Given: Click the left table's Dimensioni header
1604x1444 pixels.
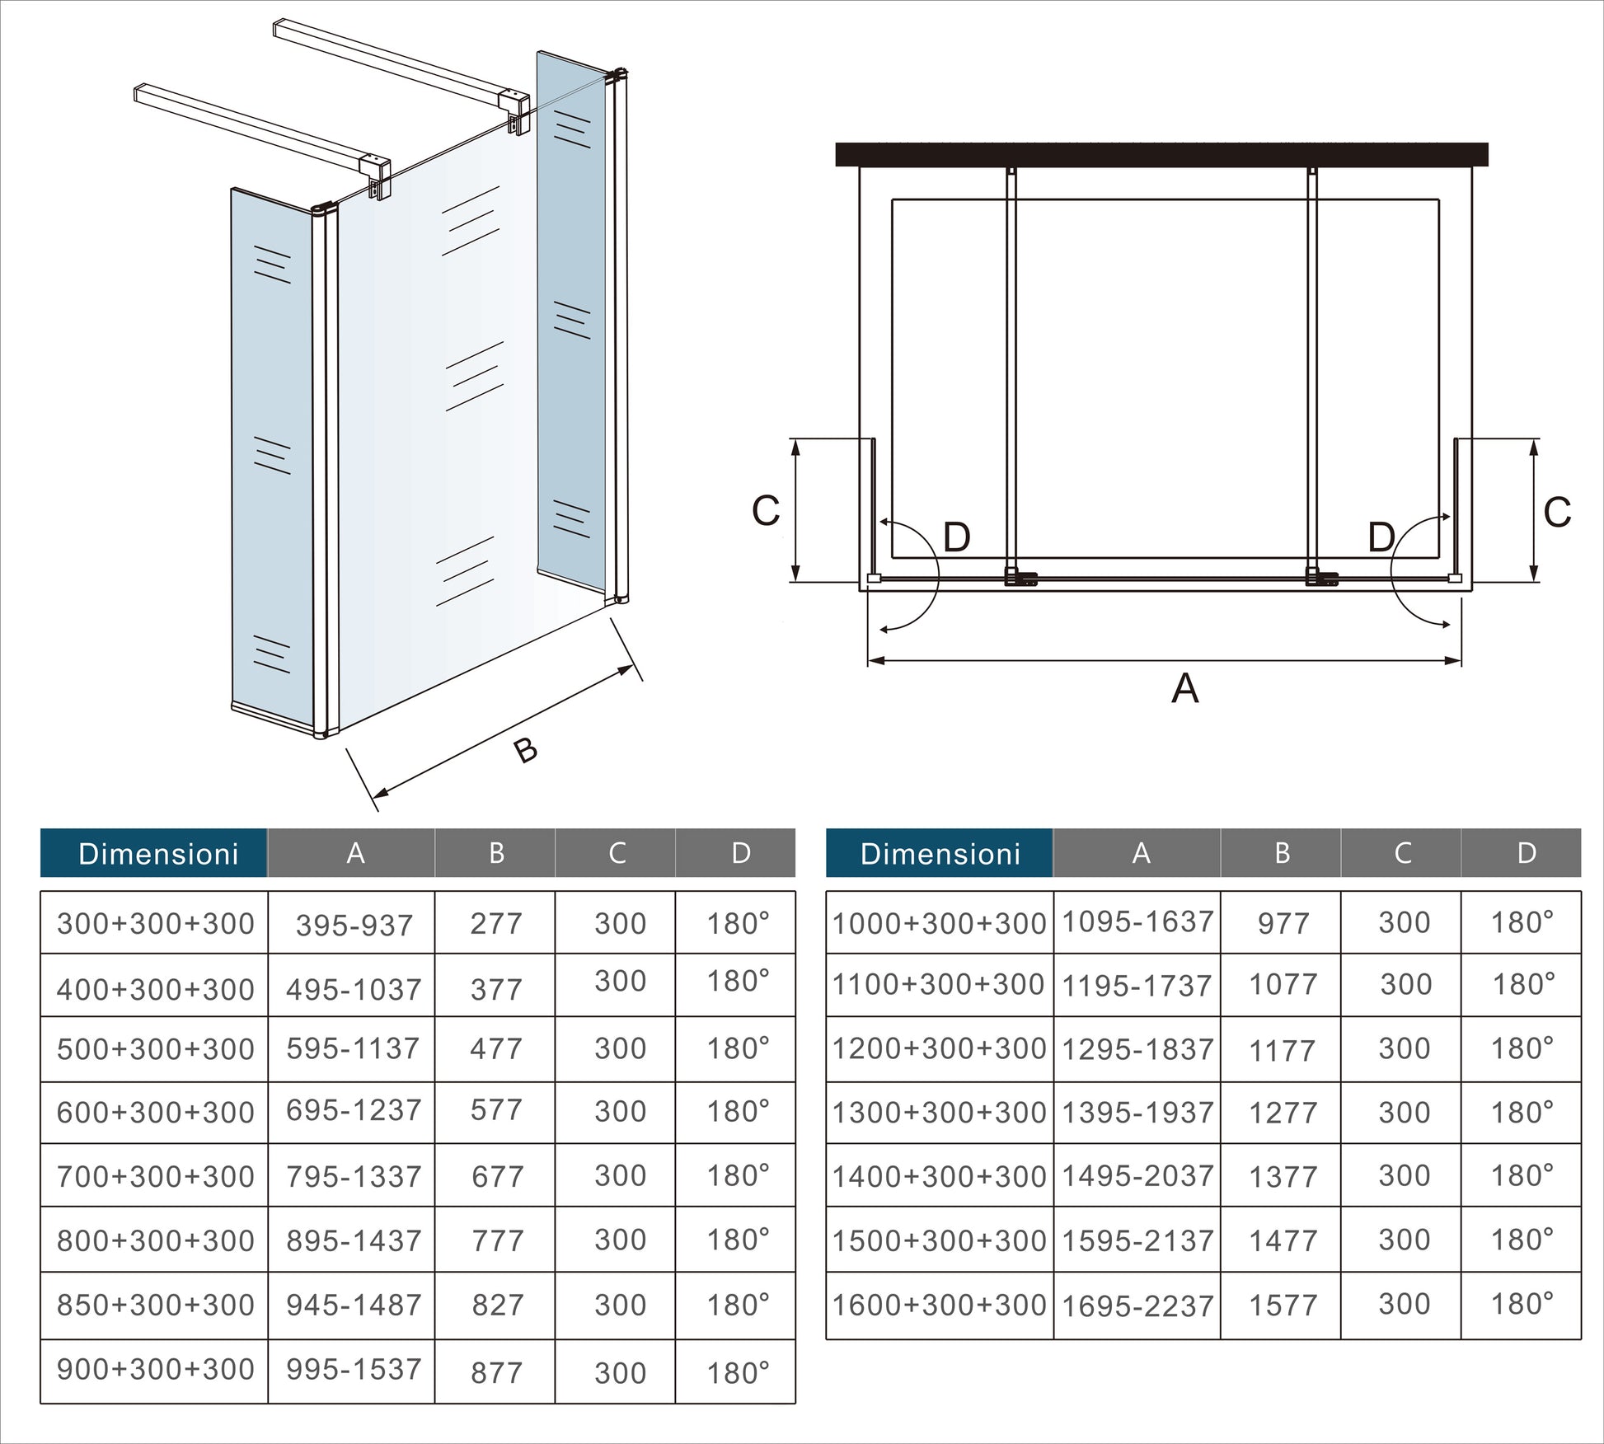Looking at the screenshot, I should coord(157,854).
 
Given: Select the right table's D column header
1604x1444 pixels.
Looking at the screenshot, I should coord(1526,853).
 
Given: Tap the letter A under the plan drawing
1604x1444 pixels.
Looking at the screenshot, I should coord(1184,688).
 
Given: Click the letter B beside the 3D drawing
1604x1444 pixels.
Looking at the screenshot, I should coord(525,750).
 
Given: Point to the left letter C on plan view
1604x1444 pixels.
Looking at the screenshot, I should coord(765,511).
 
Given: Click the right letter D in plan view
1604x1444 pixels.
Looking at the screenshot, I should coord(1381,538).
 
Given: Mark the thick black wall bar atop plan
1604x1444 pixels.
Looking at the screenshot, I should coord(1161,154).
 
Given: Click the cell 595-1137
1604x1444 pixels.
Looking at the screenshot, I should coord(353,1049).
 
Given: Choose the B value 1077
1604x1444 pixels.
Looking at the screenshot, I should coord(1282,985).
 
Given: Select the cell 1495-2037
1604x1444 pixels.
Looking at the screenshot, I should coord(1137,1176).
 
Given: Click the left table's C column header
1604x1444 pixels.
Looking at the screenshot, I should coord(617,853).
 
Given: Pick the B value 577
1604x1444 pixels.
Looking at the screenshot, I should coord(496,1111).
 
